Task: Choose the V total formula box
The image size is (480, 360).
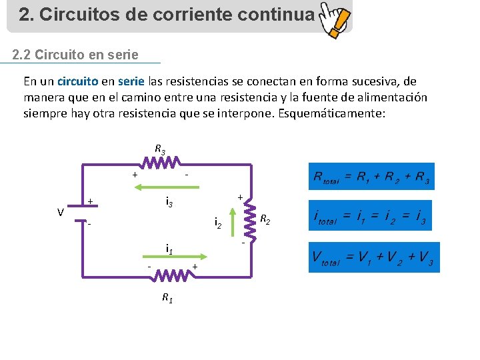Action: [x=373, y=257]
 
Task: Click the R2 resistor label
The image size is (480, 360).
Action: [x=265, y=218]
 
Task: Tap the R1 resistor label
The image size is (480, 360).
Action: [x=167, y=298]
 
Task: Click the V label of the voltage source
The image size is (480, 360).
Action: [x=61, y=213]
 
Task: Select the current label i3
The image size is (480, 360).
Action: [x=169, y=201]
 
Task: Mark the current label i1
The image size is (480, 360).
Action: [x=170, y=249]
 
